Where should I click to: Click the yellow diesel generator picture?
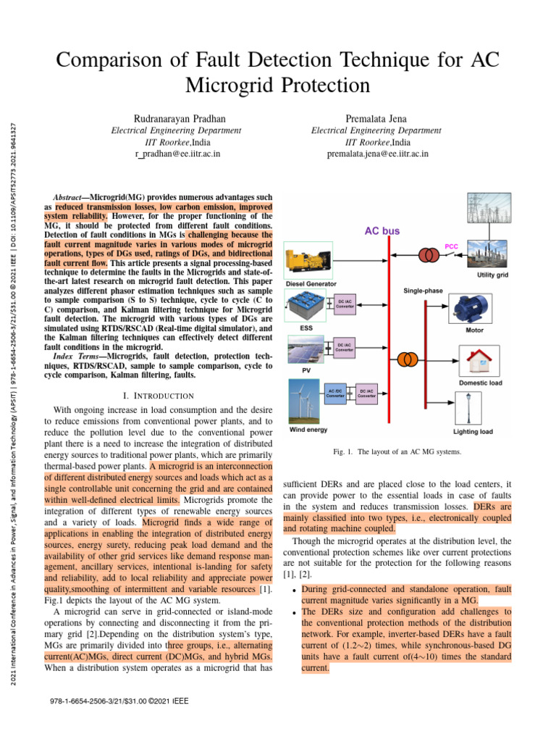click(x=308, y=261)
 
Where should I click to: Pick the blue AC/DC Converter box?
click(x=335, y=393)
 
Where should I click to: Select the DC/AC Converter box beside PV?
click(x=345, y=347)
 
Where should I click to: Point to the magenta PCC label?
click(x=451, y=246)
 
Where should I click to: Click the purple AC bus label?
click(x=382, y=231)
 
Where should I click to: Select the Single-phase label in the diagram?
click(x=424, y=290)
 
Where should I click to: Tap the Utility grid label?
click(x=492, y=275)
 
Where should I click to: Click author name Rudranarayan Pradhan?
click(x=177, y=117)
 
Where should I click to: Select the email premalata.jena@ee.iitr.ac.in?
click(x=377, y=154)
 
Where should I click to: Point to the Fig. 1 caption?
click(x=397, y=452)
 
